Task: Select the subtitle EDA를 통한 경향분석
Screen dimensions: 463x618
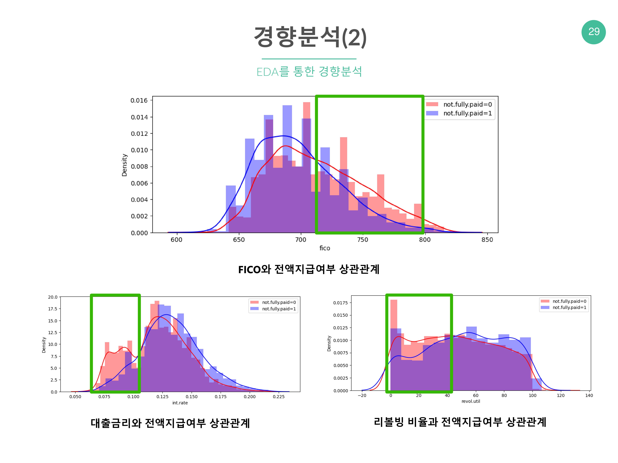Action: pos(309,72)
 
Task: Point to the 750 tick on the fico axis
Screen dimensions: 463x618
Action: pos(363,240)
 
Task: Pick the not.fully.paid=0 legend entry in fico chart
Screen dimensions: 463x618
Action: pos(467,104)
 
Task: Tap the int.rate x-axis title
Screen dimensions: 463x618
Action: pos(180,403)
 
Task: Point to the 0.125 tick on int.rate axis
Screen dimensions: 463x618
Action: pos(162,397)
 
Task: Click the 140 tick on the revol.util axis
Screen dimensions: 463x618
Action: pos(589,395)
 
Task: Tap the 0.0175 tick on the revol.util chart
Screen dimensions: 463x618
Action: pos(341,303)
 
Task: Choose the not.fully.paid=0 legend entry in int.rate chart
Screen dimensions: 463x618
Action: pos(279,302)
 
